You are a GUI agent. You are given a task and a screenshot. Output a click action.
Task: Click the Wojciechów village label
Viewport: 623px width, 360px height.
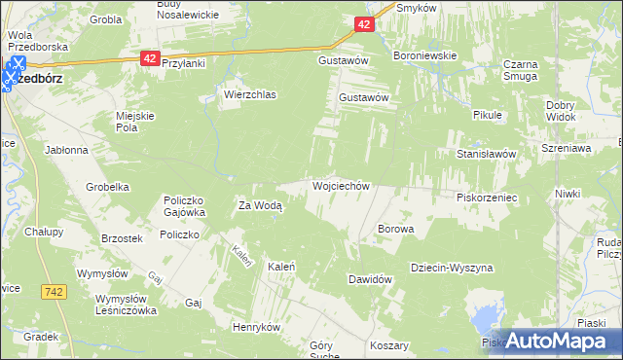[340, 185]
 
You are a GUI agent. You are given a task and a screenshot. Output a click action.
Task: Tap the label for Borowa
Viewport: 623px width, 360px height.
[395, 230]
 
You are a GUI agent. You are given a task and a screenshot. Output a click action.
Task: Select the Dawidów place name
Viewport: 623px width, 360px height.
[370, 279]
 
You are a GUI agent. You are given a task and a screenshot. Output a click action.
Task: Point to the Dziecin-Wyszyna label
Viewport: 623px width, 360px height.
[452, 268]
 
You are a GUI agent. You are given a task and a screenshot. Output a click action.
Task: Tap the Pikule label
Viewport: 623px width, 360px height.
[486, 115]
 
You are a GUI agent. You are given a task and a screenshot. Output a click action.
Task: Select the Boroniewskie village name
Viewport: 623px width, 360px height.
[424, 56]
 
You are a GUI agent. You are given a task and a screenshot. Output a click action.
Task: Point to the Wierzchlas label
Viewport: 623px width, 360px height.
[250, 95]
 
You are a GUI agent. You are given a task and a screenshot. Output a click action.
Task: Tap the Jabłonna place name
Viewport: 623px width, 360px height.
[66, 151]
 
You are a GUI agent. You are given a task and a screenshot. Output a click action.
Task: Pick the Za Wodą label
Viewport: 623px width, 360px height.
[260, 206]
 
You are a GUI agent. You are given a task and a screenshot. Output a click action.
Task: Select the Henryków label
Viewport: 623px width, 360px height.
[256, 327]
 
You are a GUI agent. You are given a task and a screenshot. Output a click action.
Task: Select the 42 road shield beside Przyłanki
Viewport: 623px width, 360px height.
[149, 58]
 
